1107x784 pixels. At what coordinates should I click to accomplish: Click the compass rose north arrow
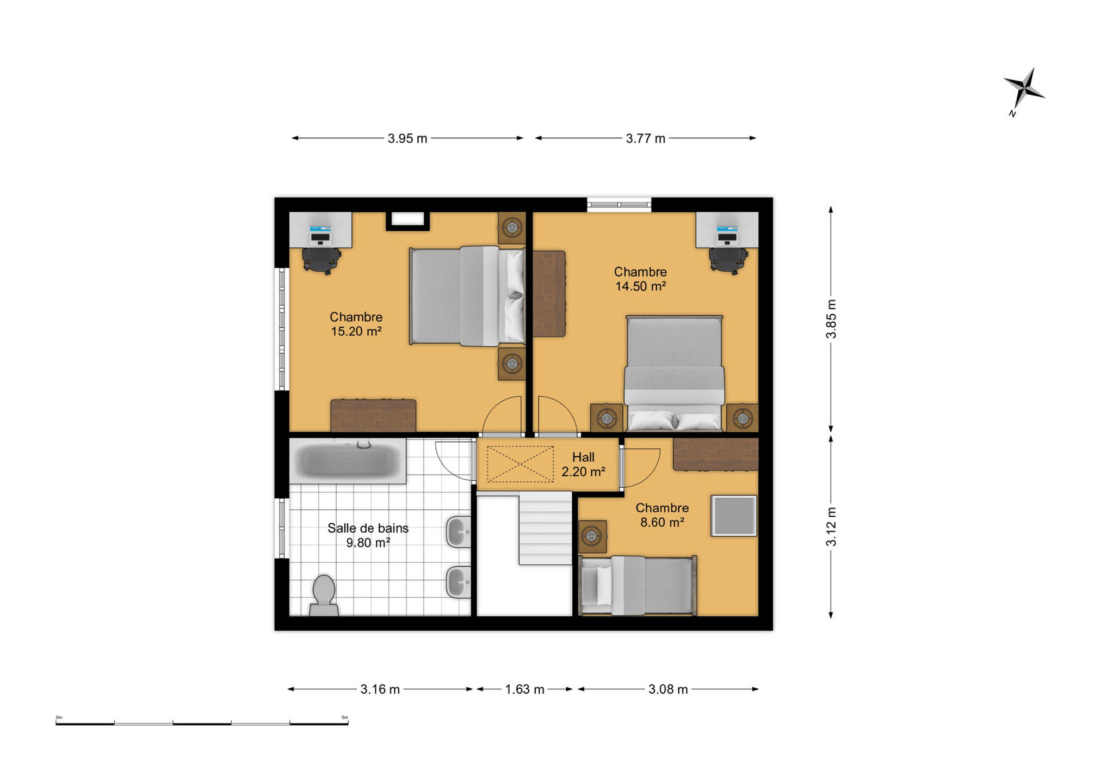(1024, 91)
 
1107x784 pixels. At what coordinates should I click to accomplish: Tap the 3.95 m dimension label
(407, 138)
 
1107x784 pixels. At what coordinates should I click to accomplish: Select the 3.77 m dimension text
(645, 138)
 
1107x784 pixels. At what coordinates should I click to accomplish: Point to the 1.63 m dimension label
(524, 689)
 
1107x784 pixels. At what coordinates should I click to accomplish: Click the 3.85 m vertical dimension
(831, 318)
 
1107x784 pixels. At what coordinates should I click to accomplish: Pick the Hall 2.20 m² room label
(583, 464)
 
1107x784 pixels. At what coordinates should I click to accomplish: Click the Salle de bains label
(368, 528)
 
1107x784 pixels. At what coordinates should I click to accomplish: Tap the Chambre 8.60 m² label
(662, 515)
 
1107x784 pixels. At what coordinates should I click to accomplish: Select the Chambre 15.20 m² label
(356, 324)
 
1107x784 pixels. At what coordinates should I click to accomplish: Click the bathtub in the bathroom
(348, 461)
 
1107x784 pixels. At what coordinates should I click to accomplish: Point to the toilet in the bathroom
(324, 596)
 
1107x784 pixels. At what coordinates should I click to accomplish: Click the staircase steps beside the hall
(545, 528)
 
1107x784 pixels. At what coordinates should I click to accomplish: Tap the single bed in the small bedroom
(638, 585)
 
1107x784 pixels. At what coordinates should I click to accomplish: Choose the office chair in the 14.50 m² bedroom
(728, 260)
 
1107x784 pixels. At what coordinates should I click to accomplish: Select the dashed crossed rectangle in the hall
(520, 464)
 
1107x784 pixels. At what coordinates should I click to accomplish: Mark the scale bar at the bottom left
(202, 723)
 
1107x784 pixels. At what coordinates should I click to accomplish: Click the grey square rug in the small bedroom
(734, 516)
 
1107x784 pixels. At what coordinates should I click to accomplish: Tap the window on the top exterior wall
(619, 204)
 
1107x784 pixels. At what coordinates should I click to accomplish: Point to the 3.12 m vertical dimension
(831, 526)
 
